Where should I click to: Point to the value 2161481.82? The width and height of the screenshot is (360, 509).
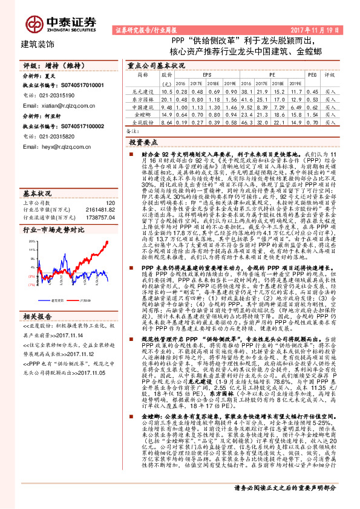(x=102, y=210)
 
